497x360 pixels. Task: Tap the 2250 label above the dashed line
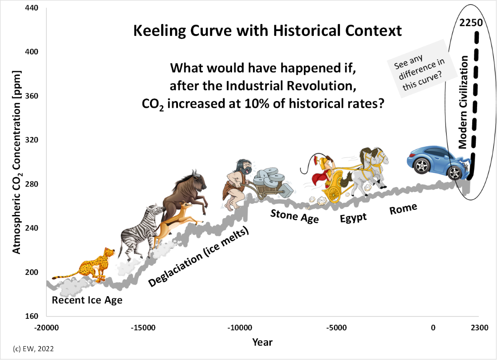(x=471, y=23)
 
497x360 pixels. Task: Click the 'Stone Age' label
(x=295, y=216)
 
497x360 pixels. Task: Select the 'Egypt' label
(x=353, y=218)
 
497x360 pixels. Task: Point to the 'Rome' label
(x=403, y=209)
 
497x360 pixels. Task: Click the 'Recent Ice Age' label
(x=87, y=300)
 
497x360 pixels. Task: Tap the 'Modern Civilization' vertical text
(x=463, y=102)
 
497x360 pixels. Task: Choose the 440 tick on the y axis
(x=32, y=8)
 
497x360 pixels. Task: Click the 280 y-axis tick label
(x=32, y=184)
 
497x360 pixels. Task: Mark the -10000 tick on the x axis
(x=240, y=328)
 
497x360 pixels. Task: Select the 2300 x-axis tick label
(x=479, y=328)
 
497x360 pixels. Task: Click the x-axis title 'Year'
(x=262, y=342)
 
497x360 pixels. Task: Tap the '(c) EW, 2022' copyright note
(x=33, y=349)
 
